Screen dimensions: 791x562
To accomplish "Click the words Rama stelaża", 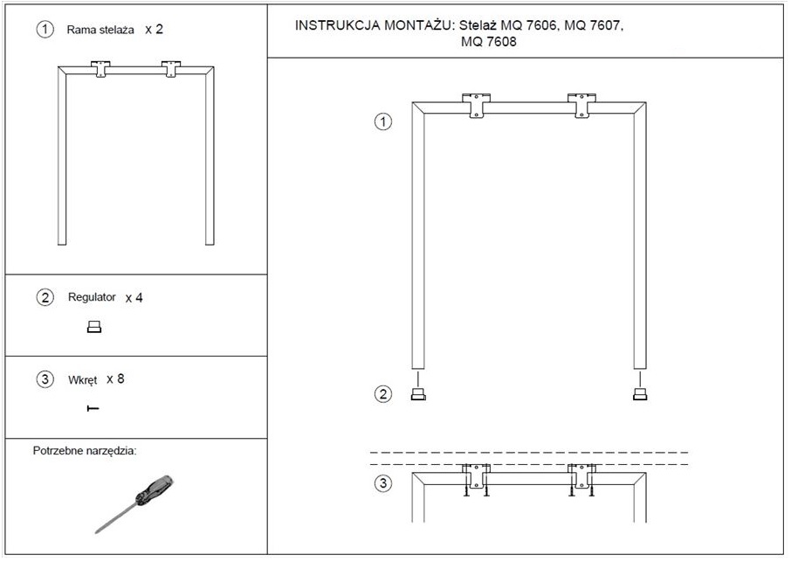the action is (100, 30).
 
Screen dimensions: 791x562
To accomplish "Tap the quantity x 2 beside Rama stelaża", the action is (154, 30).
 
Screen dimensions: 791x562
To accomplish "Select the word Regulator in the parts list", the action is (92, 297).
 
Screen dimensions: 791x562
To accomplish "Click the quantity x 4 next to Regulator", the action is (134, 298).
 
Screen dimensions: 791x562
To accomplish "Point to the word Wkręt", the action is (82, 379).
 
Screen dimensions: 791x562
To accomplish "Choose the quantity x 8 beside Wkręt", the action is (115, 378).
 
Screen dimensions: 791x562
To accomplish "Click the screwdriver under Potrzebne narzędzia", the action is (134, 504).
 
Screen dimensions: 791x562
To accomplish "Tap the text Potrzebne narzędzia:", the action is (85, 450).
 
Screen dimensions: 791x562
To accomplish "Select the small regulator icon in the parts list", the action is (94, 327).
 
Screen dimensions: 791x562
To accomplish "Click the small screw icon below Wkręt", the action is (93, 408).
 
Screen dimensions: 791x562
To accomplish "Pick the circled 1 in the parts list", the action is (45, 30).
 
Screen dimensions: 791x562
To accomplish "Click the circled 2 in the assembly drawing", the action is (383, 394).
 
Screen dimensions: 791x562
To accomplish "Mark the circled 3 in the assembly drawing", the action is (383, 483).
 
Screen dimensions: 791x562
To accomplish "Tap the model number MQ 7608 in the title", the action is (489, 41).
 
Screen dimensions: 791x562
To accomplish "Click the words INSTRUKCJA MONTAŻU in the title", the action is (373, 25).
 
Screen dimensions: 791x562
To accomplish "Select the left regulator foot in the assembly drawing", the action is (418, 394).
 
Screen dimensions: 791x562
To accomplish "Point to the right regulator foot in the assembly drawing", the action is (640, 394).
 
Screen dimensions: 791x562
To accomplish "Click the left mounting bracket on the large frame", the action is (476, 106).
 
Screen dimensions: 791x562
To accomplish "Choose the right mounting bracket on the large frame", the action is (581, 106).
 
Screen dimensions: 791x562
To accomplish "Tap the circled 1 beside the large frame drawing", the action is (383, 121).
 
